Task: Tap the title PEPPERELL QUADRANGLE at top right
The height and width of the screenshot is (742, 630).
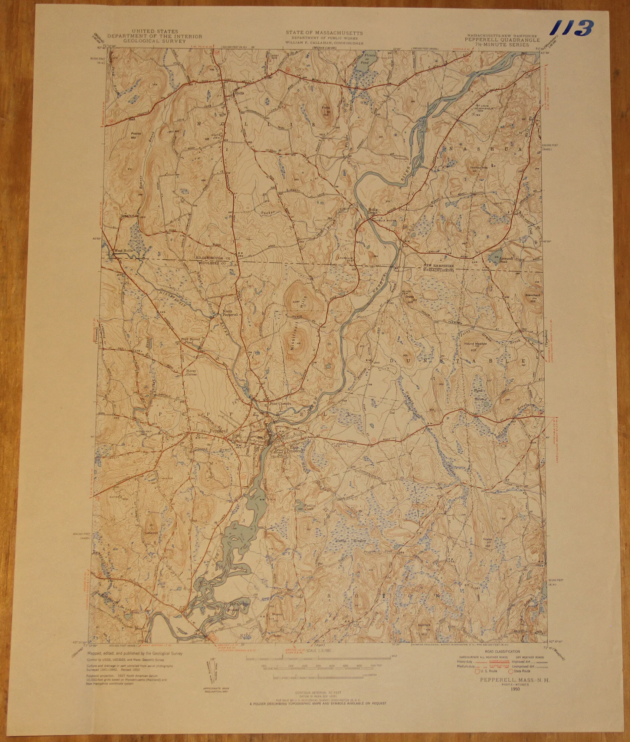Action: [503, 40]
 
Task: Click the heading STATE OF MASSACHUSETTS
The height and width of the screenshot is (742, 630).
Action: [324, 33]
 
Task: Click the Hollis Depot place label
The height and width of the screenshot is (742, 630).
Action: [373, 210]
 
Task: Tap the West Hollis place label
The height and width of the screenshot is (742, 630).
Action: [124, 250]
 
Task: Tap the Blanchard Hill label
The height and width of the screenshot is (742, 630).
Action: [532, 298]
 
